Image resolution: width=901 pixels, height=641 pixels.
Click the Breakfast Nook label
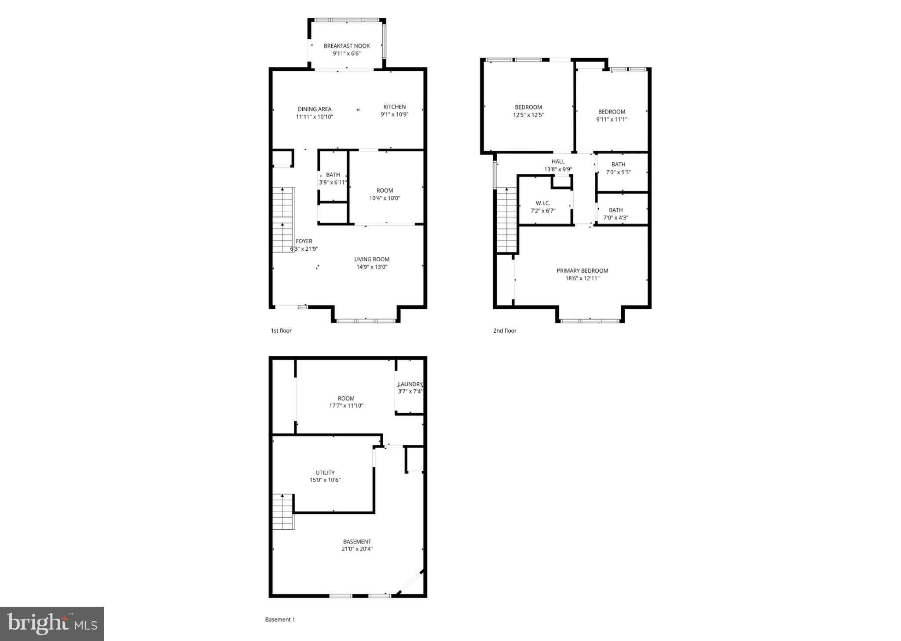pyautogui.click(x=347, y=46)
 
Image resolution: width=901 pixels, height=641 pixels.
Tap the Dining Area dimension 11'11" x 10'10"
pyautogui.click(x=314, y=117)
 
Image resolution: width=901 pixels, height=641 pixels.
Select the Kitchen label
pyautogui.click(x=394, y=107)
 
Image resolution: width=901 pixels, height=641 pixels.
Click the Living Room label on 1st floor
pyautogui.click(x=372, y=260)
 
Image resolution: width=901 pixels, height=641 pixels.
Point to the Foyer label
pyautogui.click(x=304, y=241)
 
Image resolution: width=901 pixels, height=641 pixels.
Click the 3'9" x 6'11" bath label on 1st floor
pyautogui.click(x=333, y=179)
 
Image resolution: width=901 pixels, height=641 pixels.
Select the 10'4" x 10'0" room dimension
pyautogui.click(x=385, y=198)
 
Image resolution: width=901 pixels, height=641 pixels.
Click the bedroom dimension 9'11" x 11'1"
pyautogui.click(x=612, y=119)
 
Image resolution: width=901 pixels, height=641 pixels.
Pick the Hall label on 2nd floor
pyautogui.click(x=558, y=161)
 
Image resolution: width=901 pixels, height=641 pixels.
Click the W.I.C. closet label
pyautogui.click(x=542, y=203)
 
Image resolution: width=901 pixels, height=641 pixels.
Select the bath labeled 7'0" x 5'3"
pyautogui.click(x=618, y=168)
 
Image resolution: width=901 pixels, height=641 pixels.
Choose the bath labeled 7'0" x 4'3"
pyautogui.click(x=615, y=214)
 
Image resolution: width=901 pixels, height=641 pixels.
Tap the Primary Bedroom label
pyautogui.click(x=582, y=271)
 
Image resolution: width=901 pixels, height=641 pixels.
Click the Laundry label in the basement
pyautogui.click(x=410, y=384)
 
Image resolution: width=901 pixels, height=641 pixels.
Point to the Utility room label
pyautogui.click(x=325, y=473)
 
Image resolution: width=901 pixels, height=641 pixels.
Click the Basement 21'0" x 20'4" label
pyautogui.click(x=357, y=546)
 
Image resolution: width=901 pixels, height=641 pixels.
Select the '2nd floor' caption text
pyautogui.click(x=505, y=331)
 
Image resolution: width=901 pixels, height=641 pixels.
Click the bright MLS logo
pyautogui.click(x=52, y=624)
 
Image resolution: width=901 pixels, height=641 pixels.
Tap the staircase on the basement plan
pyautogui.click(x=283, y=512)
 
